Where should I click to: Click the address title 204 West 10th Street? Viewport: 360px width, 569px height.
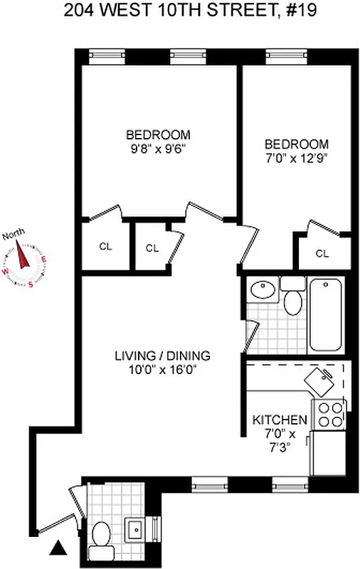[180, 10]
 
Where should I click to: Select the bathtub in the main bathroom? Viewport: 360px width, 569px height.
[327, 315]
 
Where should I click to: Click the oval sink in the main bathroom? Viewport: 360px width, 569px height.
[263, 290]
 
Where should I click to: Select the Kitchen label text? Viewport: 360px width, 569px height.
[280, 420]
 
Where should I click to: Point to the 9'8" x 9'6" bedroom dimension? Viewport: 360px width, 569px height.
[158, 150]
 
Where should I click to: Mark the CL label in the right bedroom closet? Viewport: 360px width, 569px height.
[322, 253]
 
